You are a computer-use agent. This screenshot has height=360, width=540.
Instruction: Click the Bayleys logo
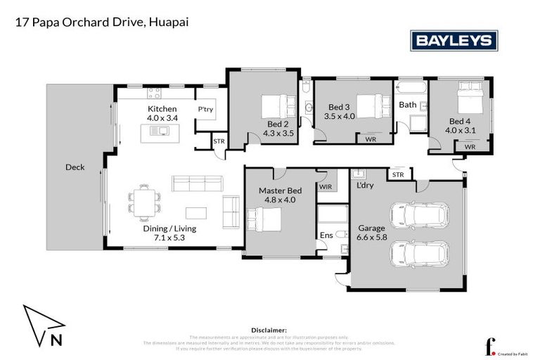click(x=454, y=40)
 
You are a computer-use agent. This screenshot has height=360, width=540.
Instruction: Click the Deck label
click(x=75, y=167)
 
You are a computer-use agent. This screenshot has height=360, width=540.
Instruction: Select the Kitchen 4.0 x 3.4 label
click(x=162, y=114)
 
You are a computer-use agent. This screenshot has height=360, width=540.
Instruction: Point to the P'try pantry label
click(x=205, y=110)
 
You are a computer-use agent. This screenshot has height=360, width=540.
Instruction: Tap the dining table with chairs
click(x=143, y=199)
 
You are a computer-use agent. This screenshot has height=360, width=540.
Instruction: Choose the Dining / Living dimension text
click(x=169, y=233)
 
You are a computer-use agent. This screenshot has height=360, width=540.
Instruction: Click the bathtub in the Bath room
click(x=411, y=88)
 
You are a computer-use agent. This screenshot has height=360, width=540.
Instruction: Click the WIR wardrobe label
click(x=326, y=186)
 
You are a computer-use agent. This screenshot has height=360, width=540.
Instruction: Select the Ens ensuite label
click(x=326, y=235)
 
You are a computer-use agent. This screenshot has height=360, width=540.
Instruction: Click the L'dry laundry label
click(x=364, y=185)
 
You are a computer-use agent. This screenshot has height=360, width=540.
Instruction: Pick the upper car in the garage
click(x=419, y=215)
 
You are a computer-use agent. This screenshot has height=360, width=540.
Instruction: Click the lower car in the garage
click(x=419, y=254)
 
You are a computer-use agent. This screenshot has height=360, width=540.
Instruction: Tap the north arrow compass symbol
click(x=44, y=326)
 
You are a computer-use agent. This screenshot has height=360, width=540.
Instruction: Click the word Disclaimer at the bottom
click(x=269, y=329)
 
